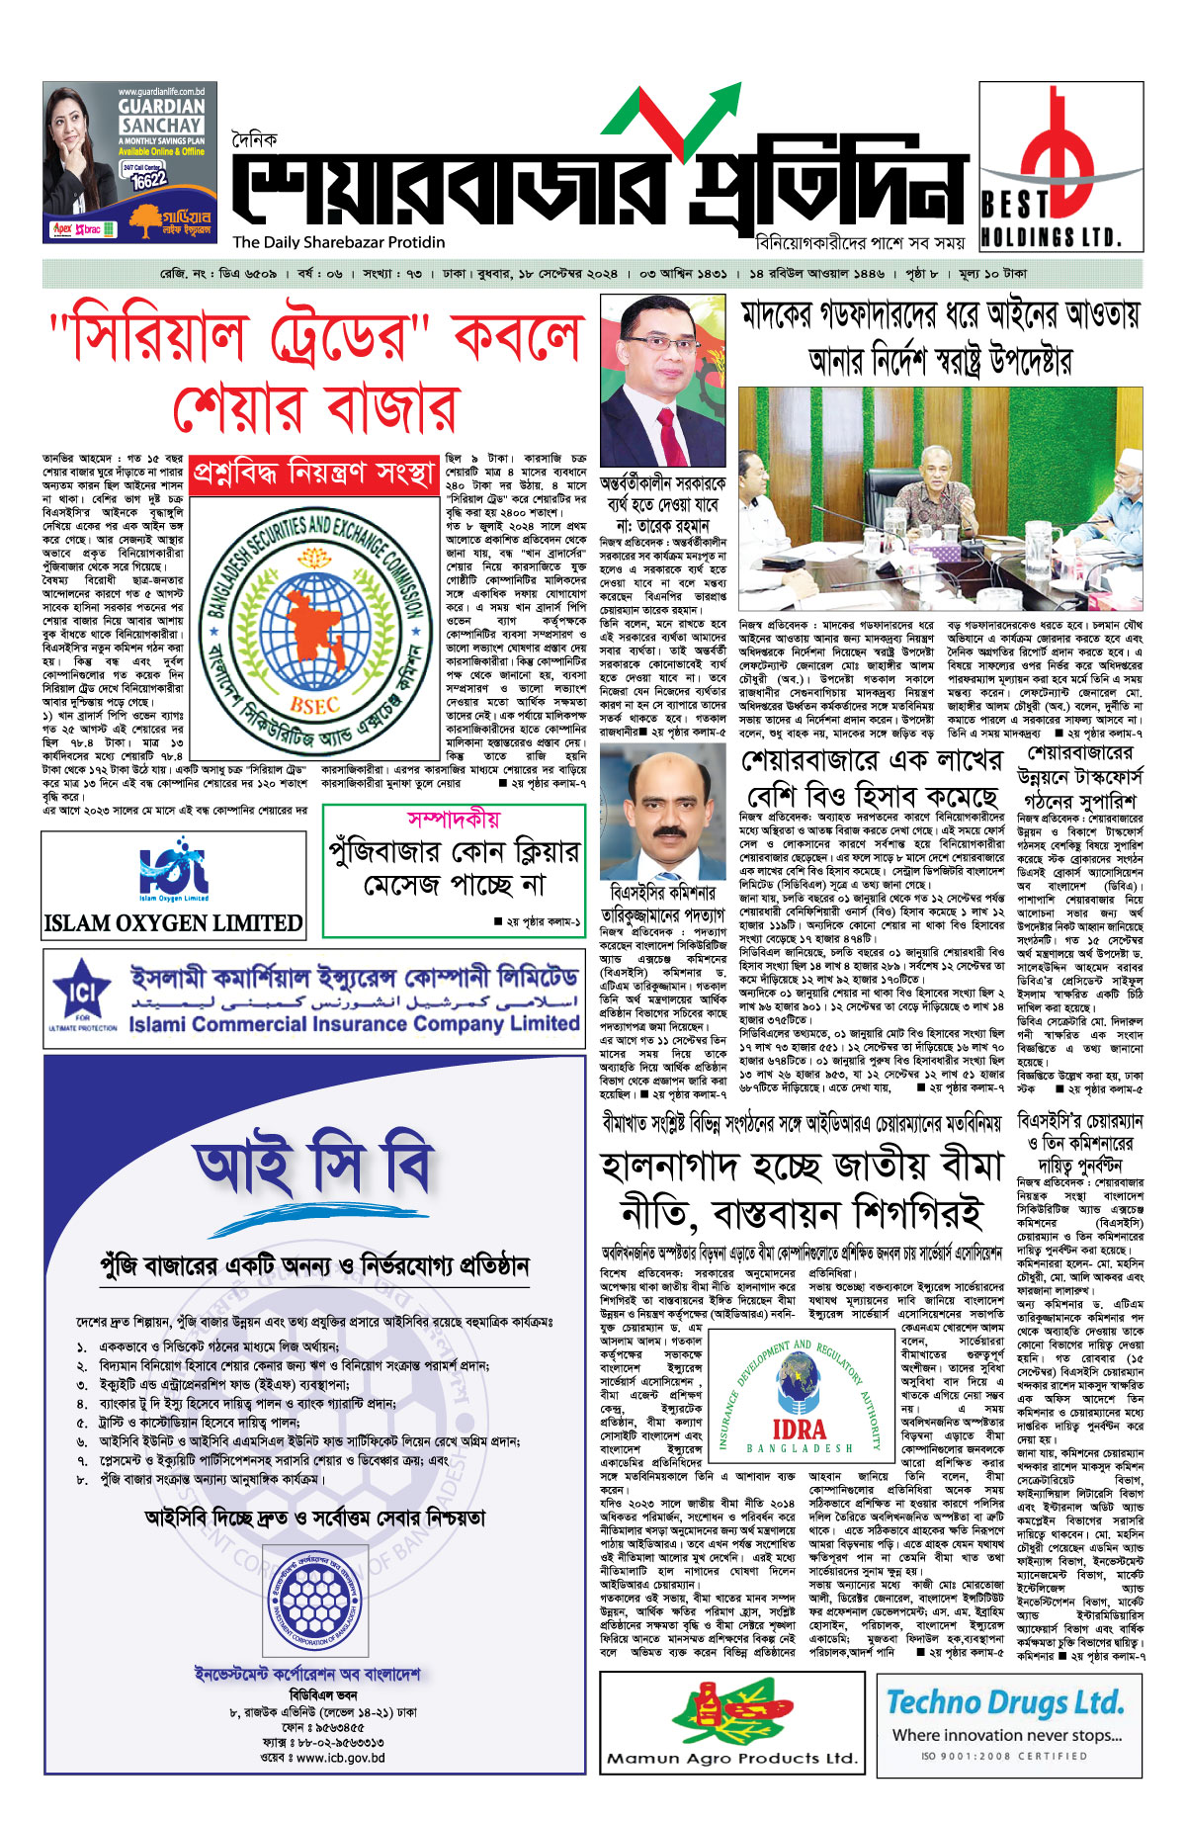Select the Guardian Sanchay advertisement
pos(129,162)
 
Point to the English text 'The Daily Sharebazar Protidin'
pos(339,242)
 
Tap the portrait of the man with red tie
pos(661,381)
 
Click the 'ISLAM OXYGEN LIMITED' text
pos(173,923)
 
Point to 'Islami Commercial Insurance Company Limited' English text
pos(353,1024)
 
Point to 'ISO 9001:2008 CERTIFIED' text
pos(1004,1756)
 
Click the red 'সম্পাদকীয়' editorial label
pos(454,820)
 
